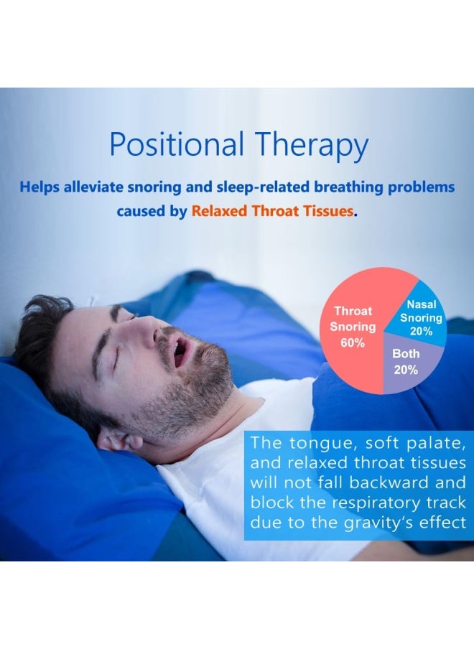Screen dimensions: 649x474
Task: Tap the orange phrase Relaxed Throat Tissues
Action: pyautogui.click(x=273, y=212)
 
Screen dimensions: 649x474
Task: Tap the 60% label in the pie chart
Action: pyautogui.click(x=353, y=342)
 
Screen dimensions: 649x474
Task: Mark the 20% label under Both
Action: pyautogui.click(x=406, y=370)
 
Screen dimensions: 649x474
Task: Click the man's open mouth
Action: pyautogui.click(x=180, y=352)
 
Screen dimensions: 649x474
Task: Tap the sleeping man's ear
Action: pyautogui.click(x=115, y=438)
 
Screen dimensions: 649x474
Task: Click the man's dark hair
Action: pyautogui.click(x=39, y=345)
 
